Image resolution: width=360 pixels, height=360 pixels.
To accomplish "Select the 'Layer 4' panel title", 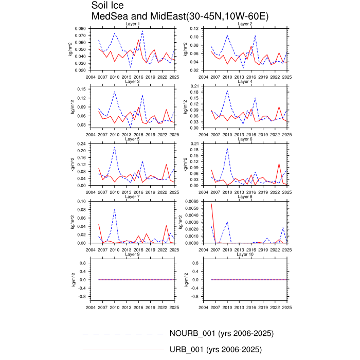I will [x=244, y=82].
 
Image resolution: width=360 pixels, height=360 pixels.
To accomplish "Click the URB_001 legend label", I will [x=215, y=350].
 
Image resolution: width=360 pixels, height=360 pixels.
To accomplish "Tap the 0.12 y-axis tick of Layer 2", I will [x=195, y=29].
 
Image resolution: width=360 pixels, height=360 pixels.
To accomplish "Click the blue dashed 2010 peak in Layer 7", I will [x=114, y=209].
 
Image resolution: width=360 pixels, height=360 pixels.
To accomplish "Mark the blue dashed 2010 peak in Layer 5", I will [x=114, y=147].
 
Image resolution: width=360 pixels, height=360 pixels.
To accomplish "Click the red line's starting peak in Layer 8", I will [x=211, y=204].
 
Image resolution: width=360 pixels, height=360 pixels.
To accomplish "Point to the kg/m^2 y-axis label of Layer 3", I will [x=71, y=107].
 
